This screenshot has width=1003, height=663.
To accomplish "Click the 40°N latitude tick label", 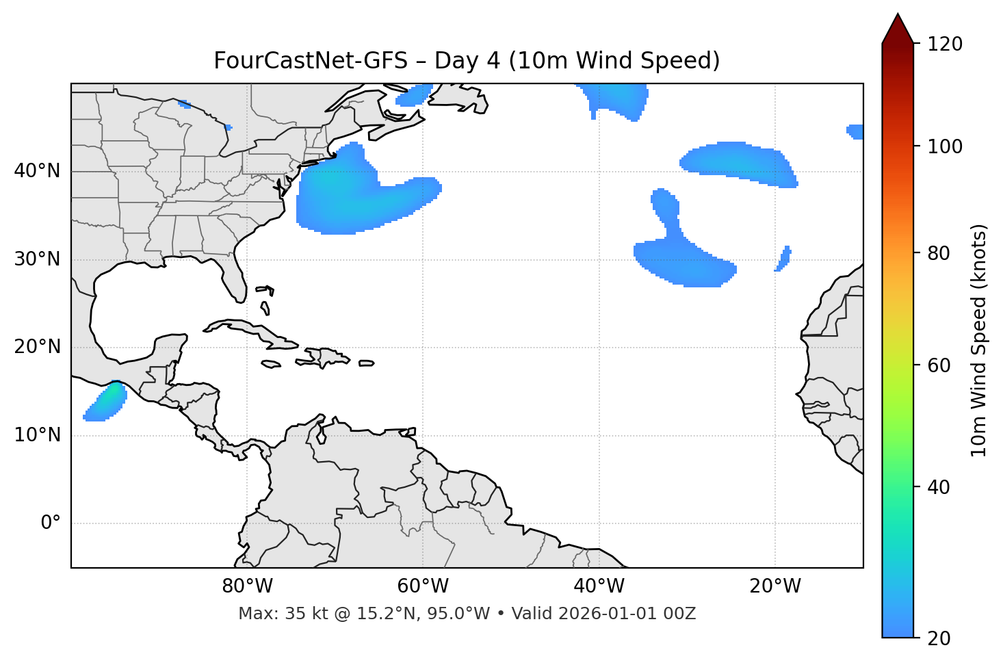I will click(37, 171).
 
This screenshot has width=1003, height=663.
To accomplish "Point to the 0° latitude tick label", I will click(51, 523).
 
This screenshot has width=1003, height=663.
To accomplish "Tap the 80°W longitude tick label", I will click(247, 586).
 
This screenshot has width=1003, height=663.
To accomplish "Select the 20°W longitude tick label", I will click(775, 586).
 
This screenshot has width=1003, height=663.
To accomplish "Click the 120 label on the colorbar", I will click(945, 44).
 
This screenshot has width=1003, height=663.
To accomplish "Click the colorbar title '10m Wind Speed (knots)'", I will click(979, 340).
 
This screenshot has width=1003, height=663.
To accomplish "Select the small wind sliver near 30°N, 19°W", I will click(784, 258).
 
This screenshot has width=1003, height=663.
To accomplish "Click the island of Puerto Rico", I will click(367, 363).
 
